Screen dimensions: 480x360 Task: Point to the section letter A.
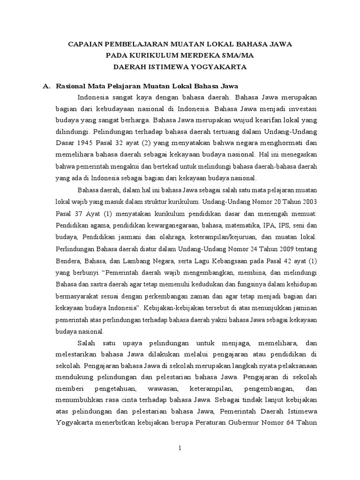click(45, 86)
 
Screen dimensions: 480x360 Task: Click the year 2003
click(307, 202)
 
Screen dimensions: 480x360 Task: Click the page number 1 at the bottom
click(180, 449)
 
